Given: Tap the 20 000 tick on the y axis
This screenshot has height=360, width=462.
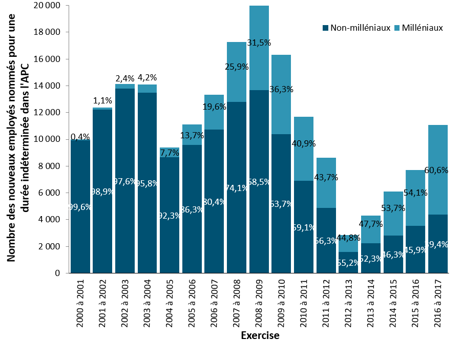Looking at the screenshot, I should click(47, 6).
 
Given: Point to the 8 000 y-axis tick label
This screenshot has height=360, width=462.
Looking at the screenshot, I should click(50, 166).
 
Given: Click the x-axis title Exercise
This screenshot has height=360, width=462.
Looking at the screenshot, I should click(260, 336).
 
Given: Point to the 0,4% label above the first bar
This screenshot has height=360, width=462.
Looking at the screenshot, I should click(80, 137).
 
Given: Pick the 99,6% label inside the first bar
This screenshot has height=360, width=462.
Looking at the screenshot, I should click(80, 207).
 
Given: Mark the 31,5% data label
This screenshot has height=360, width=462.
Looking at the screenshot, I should click(259, 43).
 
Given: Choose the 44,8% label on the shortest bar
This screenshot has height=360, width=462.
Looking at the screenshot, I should click(348, 238).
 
